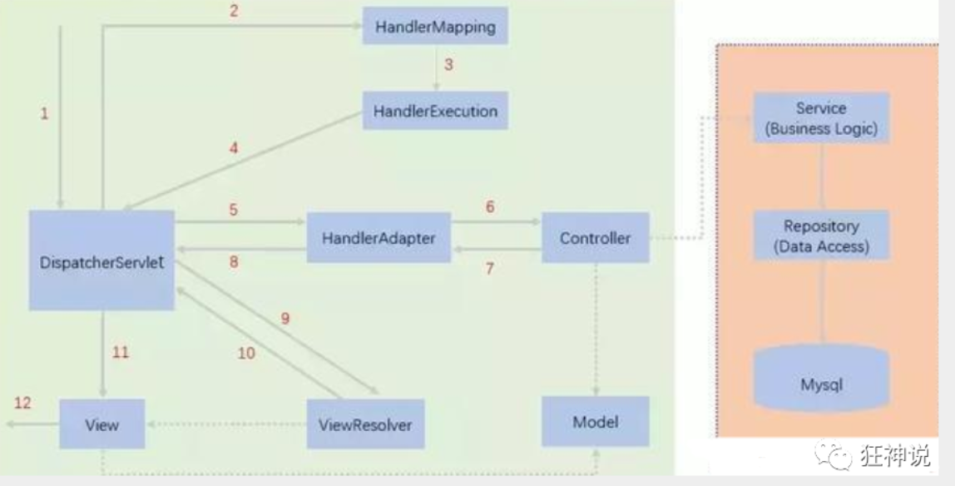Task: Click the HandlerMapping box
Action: click(435, 27)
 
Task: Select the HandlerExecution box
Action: click(435, 111)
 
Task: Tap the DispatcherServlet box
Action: click(102, 260)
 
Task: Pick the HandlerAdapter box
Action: click(379, 238)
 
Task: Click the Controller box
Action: click(595, 238)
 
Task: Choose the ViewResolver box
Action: click(365, 424)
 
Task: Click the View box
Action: click(101, 424)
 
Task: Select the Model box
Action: click(595, 421)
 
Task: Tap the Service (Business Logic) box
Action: click(820, 118)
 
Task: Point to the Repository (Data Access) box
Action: click(820, 236)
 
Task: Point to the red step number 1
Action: click(44, 114)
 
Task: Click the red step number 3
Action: click(448, 65)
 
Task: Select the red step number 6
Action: click(490, 206)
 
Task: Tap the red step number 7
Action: click(490, 269)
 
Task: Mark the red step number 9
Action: click(285, 318)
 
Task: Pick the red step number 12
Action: click(22, 404)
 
